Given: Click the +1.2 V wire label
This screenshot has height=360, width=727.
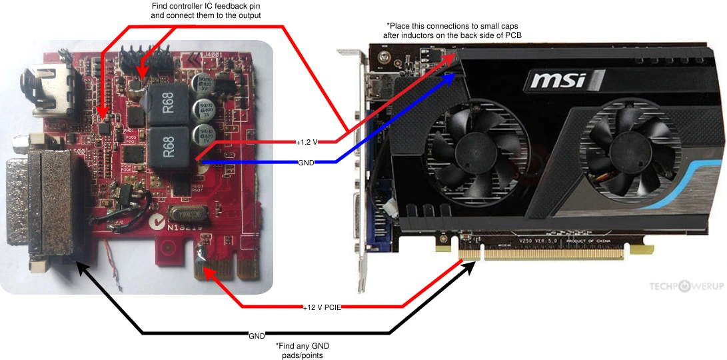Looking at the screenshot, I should pos(307,141).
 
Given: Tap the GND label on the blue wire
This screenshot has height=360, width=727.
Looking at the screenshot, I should pos(307,162).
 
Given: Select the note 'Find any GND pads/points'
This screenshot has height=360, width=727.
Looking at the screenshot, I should pos(303,351).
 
